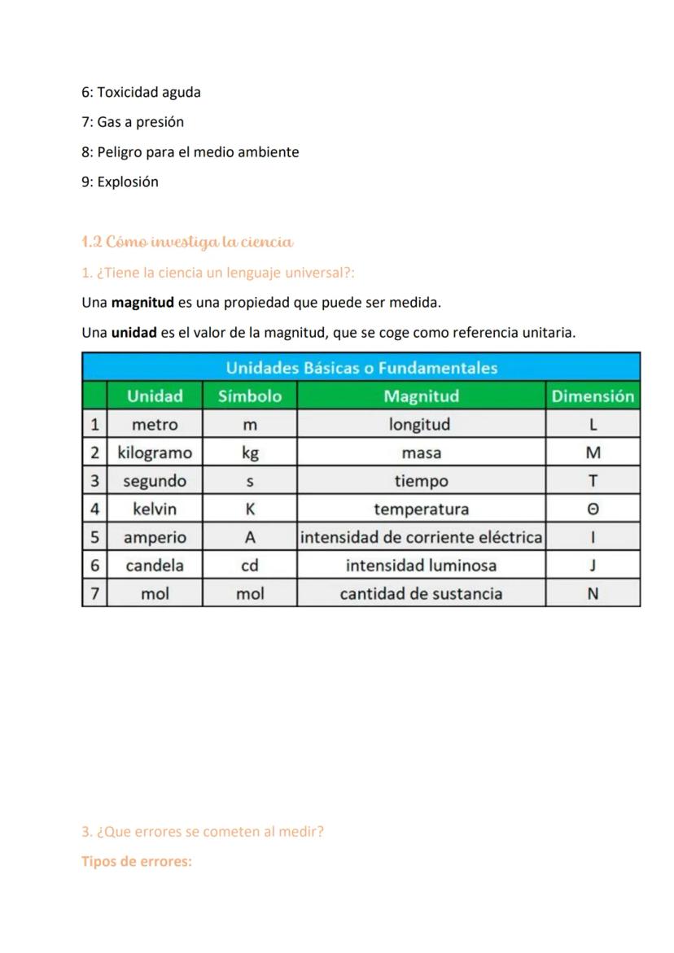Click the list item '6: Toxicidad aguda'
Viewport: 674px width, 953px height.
[x=141, y=92]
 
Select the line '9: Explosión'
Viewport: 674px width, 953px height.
[x=120, y=181]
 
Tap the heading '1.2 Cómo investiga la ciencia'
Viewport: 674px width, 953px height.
[x=187, y=242]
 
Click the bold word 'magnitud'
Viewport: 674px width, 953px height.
[x=142, y=303]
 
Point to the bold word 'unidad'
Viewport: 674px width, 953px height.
[x=133, y=333]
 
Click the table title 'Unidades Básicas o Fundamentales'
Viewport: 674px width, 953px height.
[x=361, y=368]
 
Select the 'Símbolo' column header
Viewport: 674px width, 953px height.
[x=250, y=396]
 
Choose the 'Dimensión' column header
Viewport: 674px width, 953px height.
[x=593, y=396]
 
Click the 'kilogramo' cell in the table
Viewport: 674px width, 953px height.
[x=155, y=452]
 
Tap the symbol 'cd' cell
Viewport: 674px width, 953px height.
[x=250, y=565]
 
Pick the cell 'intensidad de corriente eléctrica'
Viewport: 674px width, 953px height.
[x=421, y=537]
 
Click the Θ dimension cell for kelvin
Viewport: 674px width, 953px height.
[x=593, y=509]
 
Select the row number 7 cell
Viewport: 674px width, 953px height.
[x=94, y=593]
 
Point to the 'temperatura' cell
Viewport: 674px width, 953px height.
[x=421, y=509]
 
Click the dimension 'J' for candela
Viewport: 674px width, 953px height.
[x=593, y=565]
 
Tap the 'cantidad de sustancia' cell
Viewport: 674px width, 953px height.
[x=421, y=593]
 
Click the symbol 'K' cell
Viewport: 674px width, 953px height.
[x=250, y=509]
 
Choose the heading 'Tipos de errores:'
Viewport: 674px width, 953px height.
[x=137, y=861]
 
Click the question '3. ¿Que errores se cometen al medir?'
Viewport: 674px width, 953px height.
[x=203, y=832]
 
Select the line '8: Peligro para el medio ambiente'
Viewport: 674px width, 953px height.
[x=190, y=152]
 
